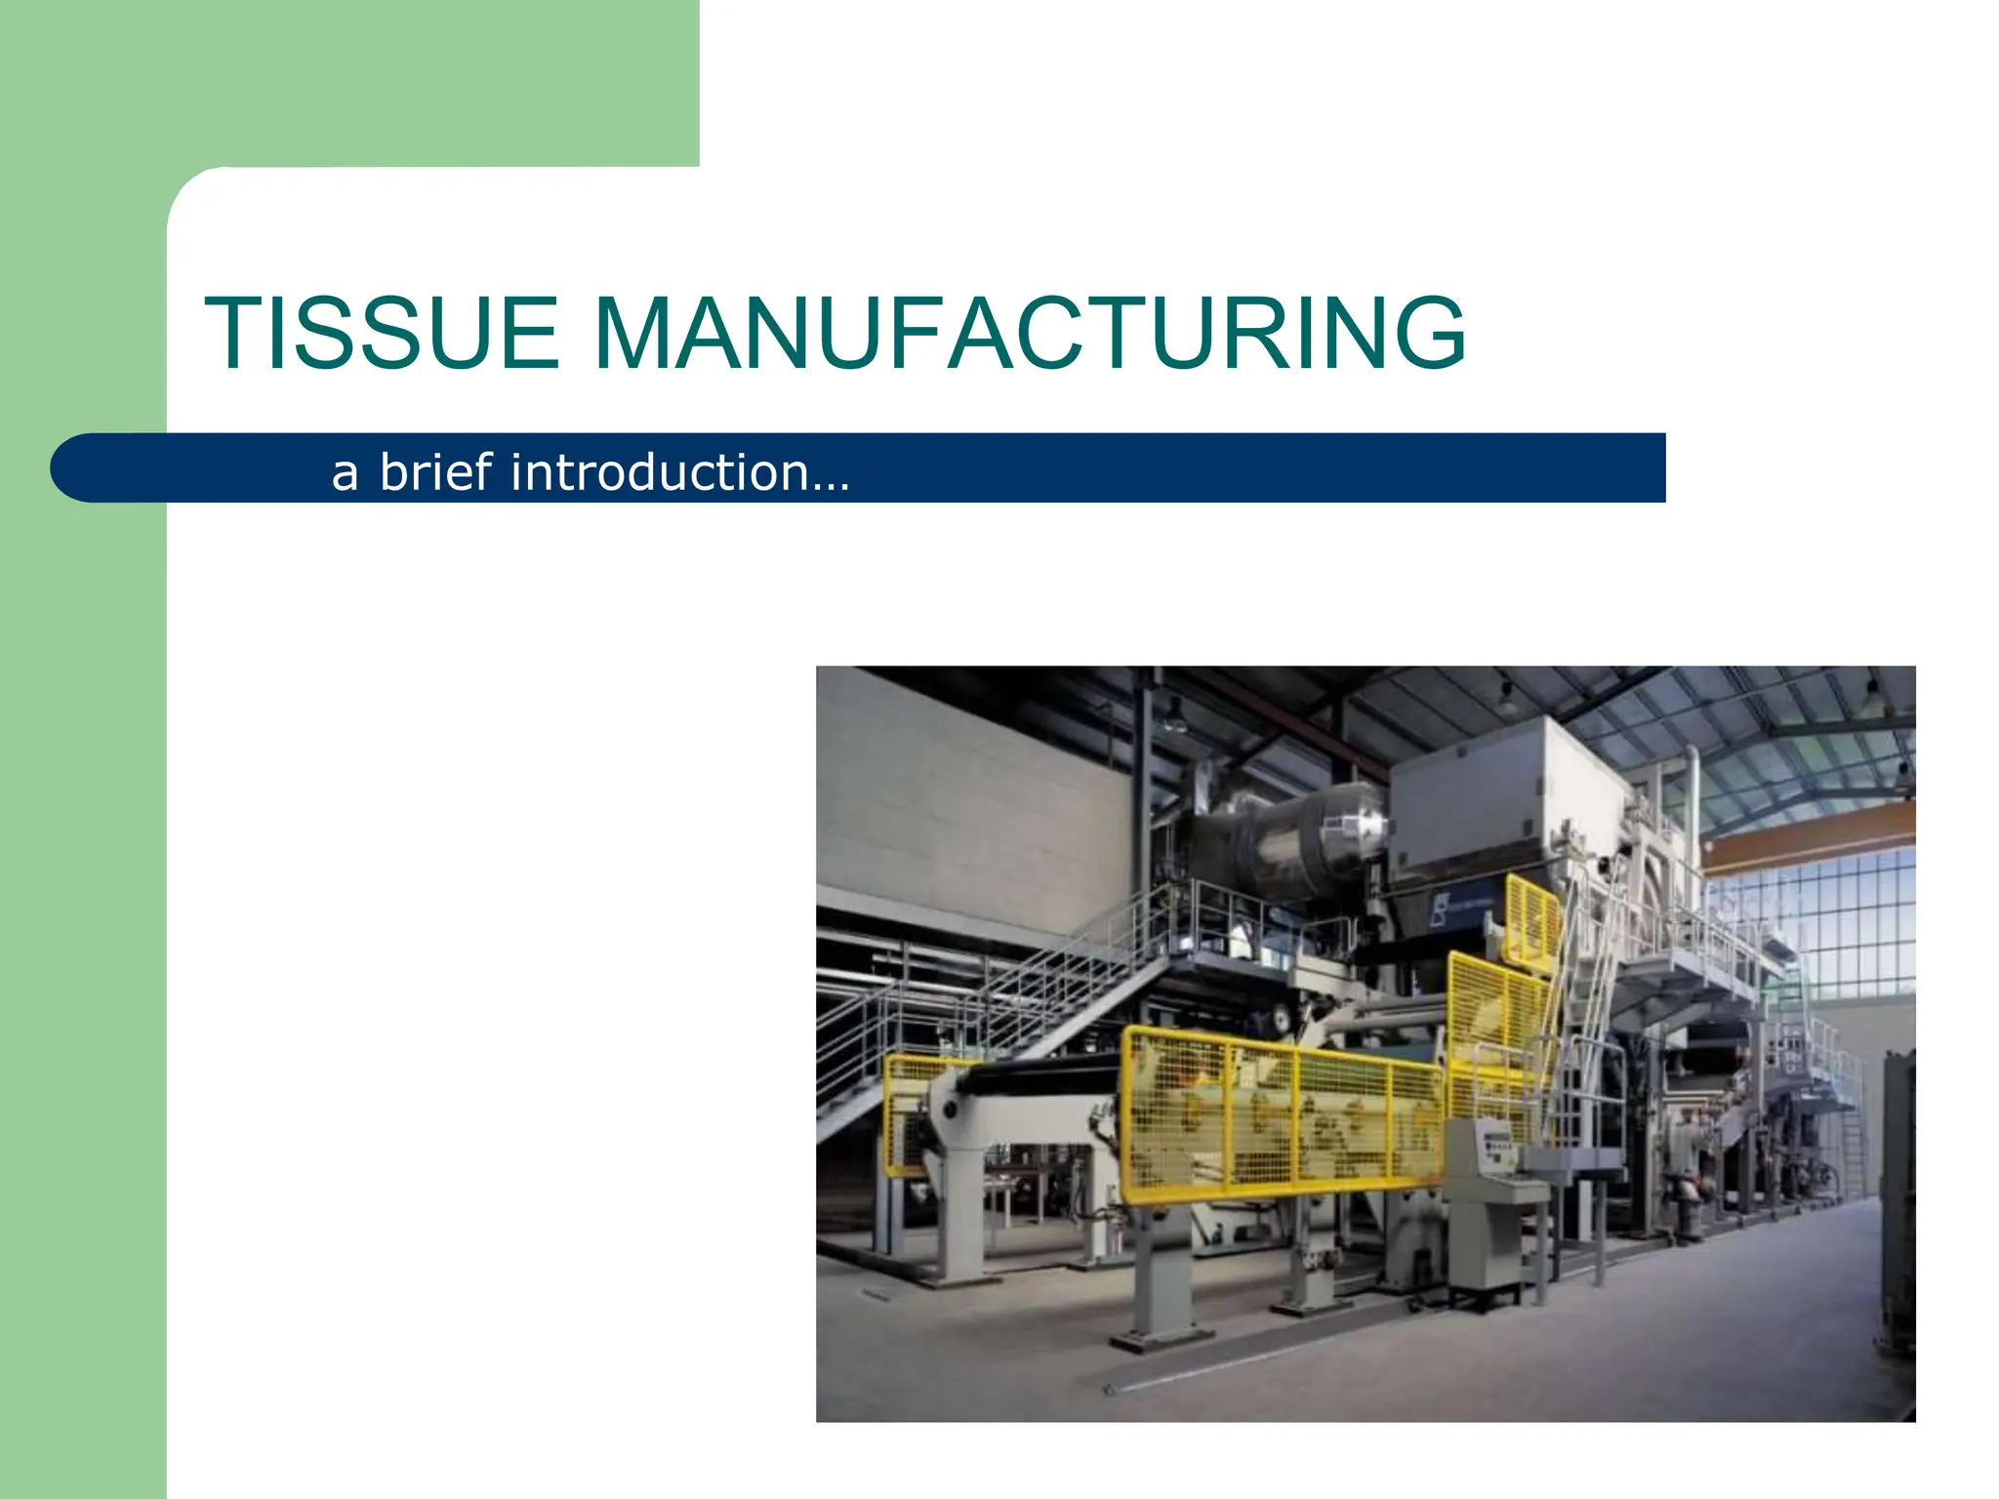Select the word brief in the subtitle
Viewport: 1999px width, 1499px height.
(x=435, y=472)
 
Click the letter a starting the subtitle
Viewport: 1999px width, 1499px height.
(x=345, y=474)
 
